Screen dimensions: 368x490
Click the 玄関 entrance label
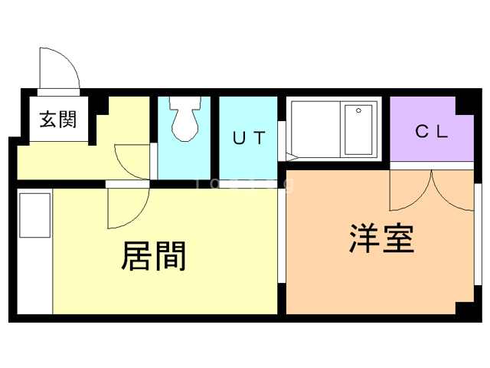57,120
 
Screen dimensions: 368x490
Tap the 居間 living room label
154,256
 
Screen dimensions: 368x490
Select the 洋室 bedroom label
382,238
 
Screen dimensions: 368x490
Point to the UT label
249,139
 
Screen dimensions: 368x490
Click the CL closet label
431,131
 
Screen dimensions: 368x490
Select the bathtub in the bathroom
358,130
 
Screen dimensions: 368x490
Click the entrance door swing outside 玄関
60,69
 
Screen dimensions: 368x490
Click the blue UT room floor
249,161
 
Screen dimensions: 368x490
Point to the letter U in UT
239,139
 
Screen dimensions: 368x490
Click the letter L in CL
441,131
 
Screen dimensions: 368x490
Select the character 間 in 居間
171,256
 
